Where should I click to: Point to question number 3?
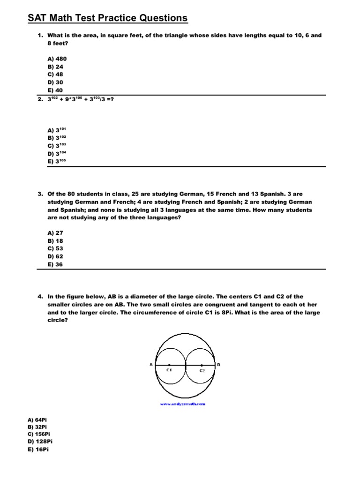[40, 194]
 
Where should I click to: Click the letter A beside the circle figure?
[151, 364]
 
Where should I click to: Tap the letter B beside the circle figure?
[218, 364]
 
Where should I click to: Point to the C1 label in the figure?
[170, 370]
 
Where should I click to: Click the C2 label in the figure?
[202, 371]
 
